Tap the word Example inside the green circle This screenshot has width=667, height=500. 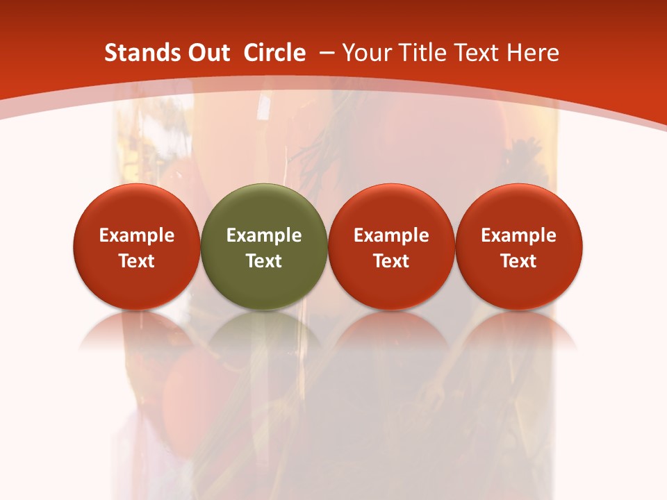(264, 236)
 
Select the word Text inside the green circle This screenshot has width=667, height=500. (264, 261)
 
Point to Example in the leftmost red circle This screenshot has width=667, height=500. (137, 236)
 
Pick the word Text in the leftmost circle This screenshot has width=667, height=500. (137, 261)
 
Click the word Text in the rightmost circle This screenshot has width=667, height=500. (519, 261)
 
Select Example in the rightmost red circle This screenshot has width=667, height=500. (519, 236)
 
